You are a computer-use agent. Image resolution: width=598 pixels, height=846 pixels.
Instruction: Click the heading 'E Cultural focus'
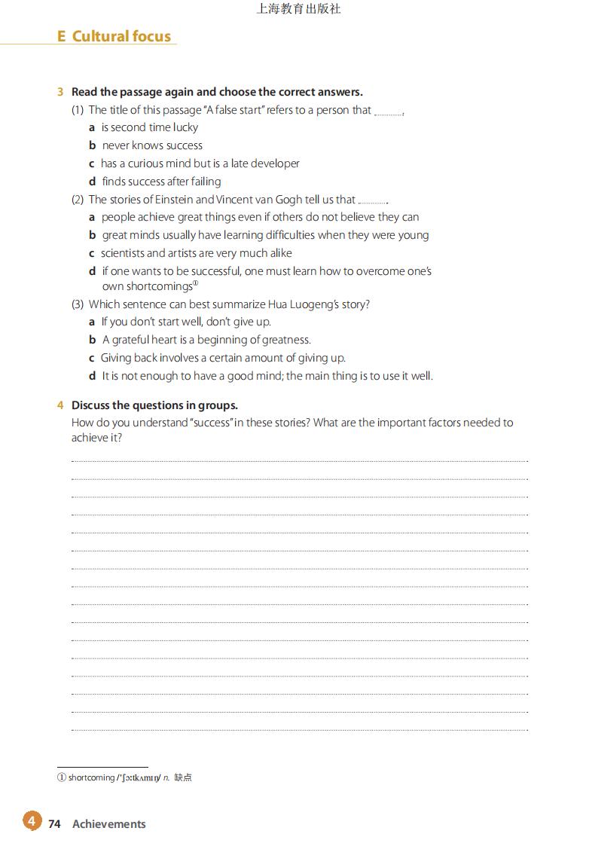tap(114, 36)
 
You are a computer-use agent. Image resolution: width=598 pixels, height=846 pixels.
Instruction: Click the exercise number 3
tap(59, 92)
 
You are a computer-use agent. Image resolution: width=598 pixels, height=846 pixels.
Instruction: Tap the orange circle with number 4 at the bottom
tap(32, 820)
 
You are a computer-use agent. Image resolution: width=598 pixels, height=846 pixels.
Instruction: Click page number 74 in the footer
tap(54, 824)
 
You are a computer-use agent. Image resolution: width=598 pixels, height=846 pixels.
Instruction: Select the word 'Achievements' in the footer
tap(109, 824)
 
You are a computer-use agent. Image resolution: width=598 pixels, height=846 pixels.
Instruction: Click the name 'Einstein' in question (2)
tap(174, 200)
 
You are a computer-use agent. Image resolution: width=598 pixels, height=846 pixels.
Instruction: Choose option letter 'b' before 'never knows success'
tap(92, 145)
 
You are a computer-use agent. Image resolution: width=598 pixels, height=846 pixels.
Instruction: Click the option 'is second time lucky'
tap(149, 127)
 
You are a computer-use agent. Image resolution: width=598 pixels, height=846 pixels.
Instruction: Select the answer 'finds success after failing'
tap(161, 182)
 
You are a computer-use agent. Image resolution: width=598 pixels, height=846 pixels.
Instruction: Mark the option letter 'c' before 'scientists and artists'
tap(92, 253)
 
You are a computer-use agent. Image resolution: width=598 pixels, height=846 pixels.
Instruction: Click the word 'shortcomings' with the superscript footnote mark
tap(147, 286)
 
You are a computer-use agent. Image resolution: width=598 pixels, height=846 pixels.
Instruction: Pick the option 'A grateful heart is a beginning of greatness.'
tap(206, 340)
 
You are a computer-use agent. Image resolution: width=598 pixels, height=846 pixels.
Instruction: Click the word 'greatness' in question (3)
tap(285, 340)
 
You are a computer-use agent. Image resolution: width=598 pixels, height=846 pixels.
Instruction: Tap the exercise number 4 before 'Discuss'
tap(59, 405)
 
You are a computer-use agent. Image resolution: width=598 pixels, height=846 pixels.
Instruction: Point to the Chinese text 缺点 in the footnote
tap(183, 777)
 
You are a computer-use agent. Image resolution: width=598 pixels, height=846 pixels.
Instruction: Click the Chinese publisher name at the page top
tap(298, 9)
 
